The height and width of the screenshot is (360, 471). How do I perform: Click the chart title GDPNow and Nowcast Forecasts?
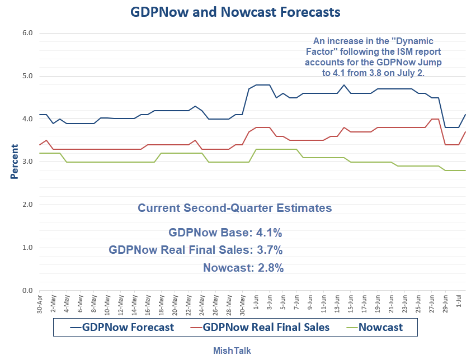235,12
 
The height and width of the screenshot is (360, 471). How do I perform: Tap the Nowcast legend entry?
380,327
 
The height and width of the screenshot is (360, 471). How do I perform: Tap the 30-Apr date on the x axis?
40,302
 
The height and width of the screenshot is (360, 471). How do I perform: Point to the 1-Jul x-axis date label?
459,302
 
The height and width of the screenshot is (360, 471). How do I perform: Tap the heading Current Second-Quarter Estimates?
235,209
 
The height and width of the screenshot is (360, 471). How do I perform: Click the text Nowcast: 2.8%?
243,268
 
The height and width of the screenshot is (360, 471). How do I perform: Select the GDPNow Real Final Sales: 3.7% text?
196,250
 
